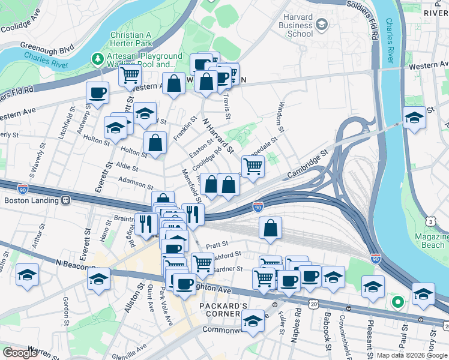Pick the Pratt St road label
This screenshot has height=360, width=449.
coord(217,245)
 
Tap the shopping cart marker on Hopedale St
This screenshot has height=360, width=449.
coord(253,166)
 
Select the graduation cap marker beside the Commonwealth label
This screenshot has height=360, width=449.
coord(253,322)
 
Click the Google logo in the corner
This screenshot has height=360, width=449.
coord(20,353)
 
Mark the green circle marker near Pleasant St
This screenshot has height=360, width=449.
coord(396,302)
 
